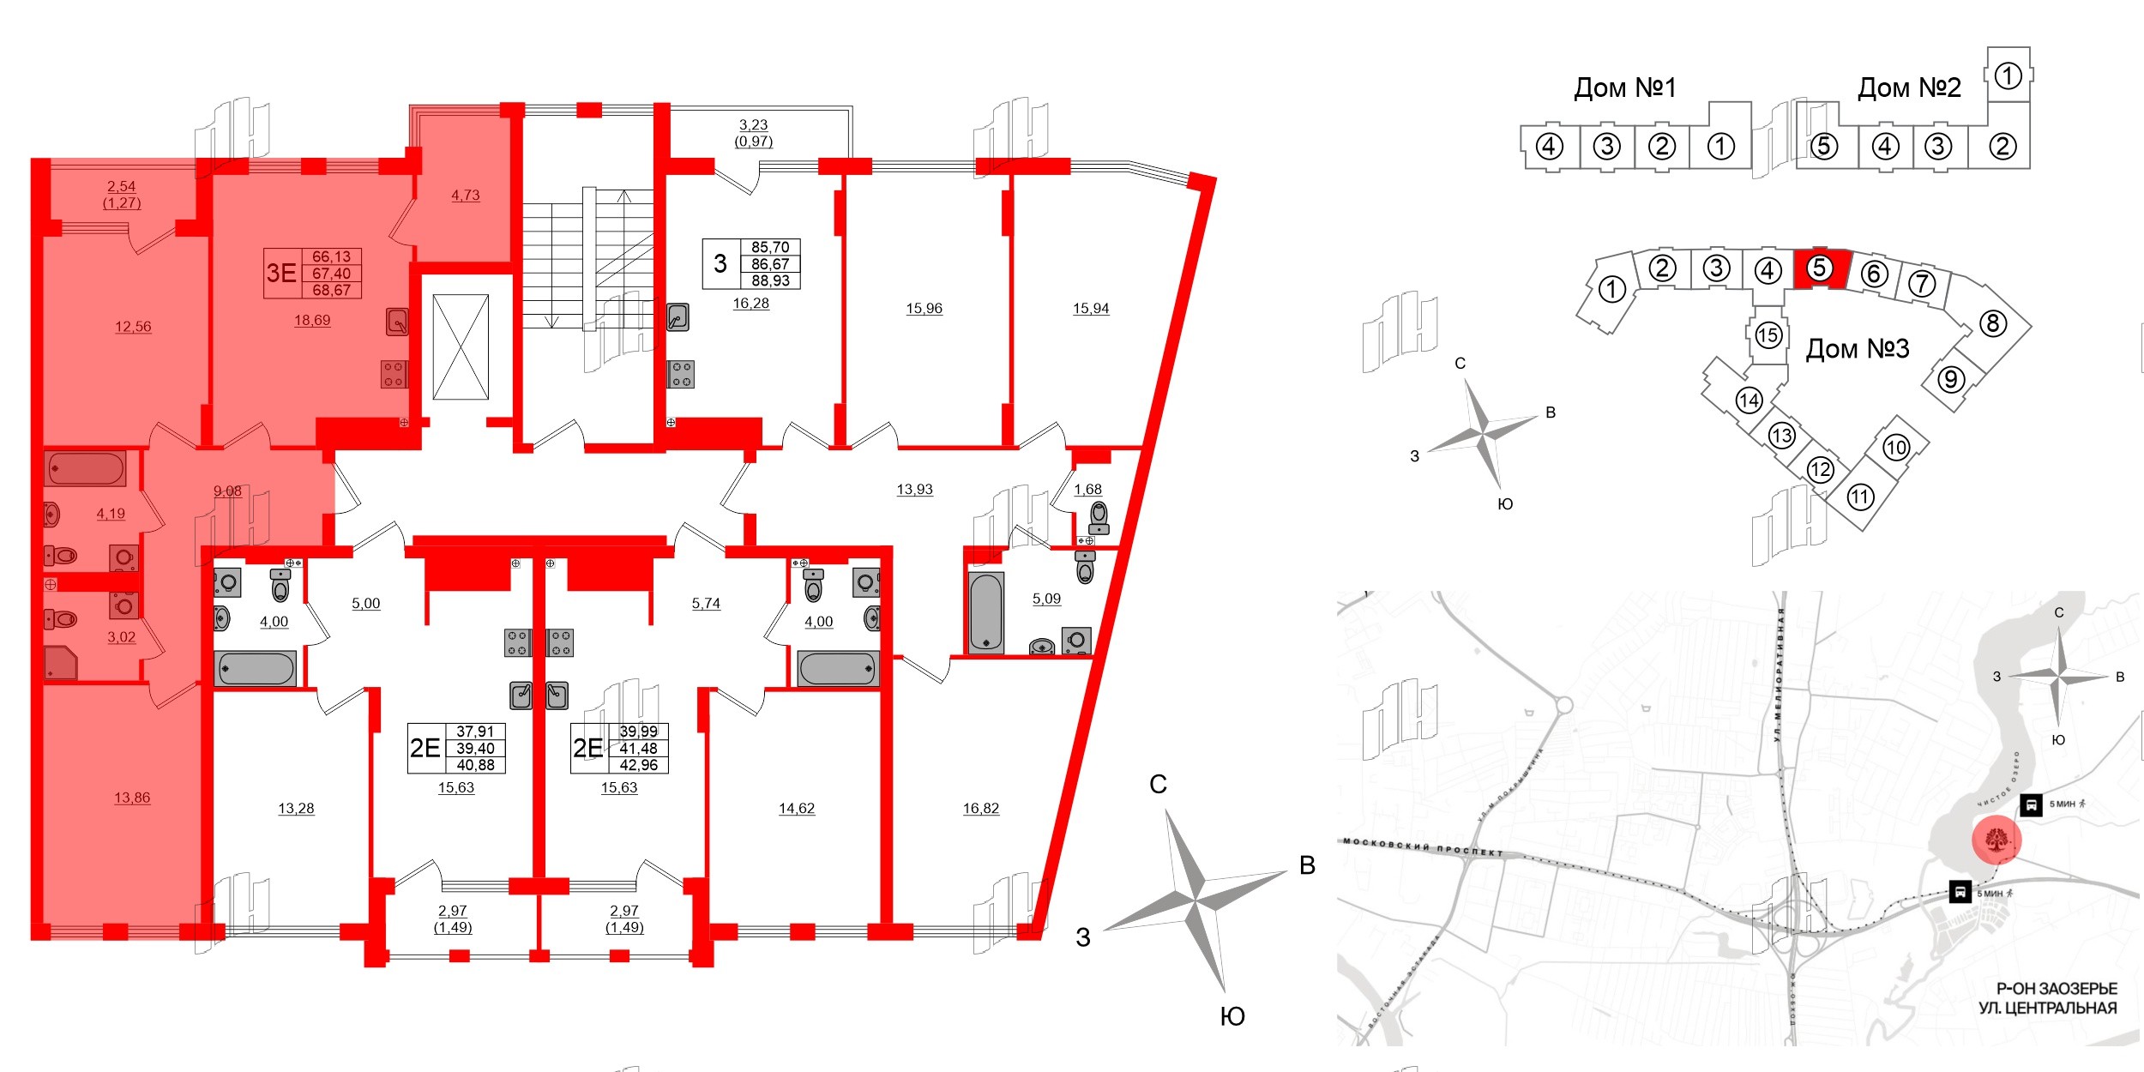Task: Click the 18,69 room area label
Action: [312, 320]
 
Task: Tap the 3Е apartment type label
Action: [281, 273]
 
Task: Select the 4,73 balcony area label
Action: [466, 195]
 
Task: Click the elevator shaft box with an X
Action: [461, 347]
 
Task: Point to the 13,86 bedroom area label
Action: [132, 798]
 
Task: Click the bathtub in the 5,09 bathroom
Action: [985, 612]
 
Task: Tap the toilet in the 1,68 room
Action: [1099, 517]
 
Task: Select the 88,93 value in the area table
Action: [770, 280]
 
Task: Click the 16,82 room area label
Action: [981, 808]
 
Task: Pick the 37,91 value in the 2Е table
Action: [475, 732]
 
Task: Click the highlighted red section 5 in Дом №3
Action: [1820, 268]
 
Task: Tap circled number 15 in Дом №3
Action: [1768, 335]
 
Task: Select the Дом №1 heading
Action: [1624, 87]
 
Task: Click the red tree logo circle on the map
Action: [1996, 840]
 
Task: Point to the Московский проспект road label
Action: [1423, 847]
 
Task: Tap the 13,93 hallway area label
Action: [914, 490]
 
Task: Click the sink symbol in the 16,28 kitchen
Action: [678, 318]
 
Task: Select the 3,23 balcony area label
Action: [753, 125]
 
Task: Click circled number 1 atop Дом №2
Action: [2008, 76]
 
